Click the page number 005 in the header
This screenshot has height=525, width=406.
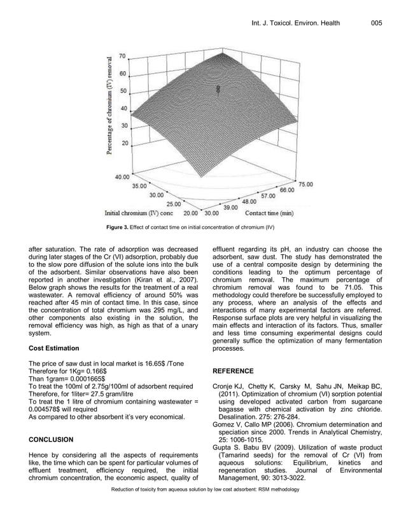tap(376, 24)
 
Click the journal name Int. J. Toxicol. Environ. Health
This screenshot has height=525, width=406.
tap(296, 24)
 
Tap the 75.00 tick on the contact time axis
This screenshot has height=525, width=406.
tap(306, 184)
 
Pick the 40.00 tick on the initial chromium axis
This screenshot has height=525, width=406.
tap(123, 177)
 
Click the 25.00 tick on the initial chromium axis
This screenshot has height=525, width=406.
tap(173, 205)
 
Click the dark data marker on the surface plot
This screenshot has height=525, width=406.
tap(218, 91)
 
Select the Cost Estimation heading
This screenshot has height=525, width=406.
tap(54, 348)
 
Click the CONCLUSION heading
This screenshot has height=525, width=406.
tap(55, 439)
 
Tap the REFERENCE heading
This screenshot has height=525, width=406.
tap(233, 371)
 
